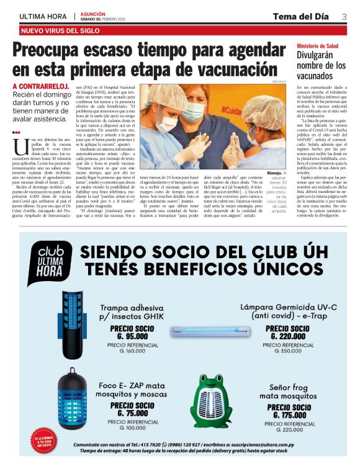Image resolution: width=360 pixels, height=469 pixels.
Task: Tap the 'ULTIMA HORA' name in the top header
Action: point(43,16)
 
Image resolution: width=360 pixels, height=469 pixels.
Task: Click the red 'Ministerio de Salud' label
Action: point(317,46)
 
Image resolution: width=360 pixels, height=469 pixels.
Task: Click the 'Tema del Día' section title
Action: point(300,16)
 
